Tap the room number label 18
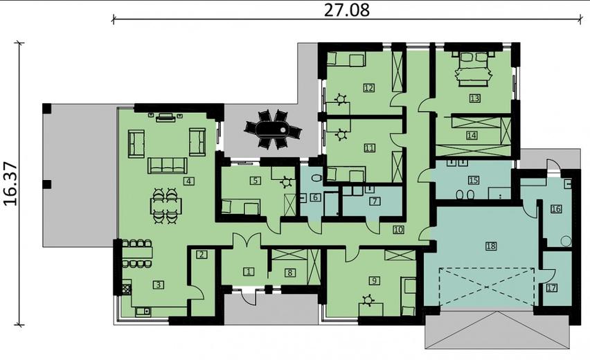point(491,246)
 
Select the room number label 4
point(188,181)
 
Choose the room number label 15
point(474,180)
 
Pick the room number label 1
point(249,271)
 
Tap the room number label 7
point(374,201)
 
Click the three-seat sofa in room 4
point(167,165)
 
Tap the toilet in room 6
point(316,178)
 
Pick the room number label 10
point(397,229)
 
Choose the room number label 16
point(555,208)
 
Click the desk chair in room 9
point(368,299)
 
